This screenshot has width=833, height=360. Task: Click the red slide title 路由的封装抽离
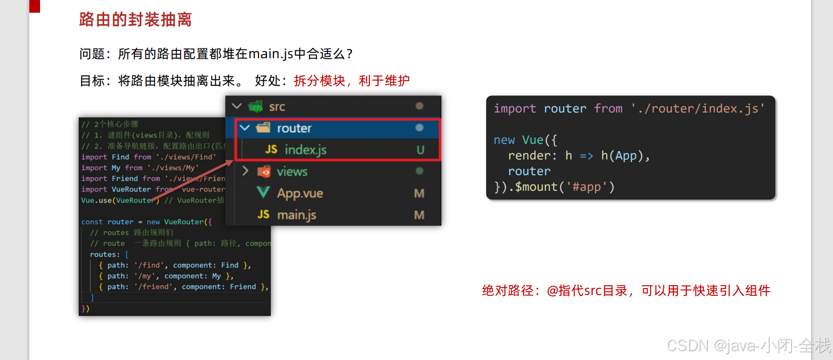click(135, 20)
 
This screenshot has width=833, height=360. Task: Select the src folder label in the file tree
click(277, 107)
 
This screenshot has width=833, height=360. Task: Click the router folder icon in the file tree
click(263, 128)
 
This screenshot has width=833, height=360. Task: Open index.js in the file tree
click(305, 150)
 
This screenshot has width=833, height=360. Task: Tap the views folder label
click(292, 172)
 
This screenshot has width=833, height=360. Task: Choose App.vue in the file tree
click(300, 193)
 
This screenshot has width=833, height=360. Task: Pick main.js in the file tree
click(296, 215)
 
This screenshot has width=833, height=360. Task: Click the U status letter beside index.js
click(420, 150)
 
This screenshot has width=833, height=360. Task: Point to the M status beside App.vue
click(419, 193)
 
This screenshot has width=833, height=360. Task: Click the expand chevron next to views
click(245, 171)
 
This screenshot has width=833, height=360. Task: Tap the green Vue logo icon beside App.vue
click(263, 193)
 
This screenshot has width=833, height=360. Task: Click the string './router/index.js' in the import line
click(698, 109)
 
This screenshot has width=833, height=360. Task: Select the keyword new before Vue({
click(504, 140)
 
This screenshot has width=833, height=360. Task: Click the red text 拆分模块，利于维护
click(351, 81)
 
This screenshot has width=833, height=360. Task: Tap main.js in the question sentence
click(270, 54)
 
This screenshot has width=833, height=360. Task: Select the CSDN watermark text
click(748, 345)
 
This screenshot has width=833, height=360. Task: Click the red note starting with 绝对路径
click(626, 291)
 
